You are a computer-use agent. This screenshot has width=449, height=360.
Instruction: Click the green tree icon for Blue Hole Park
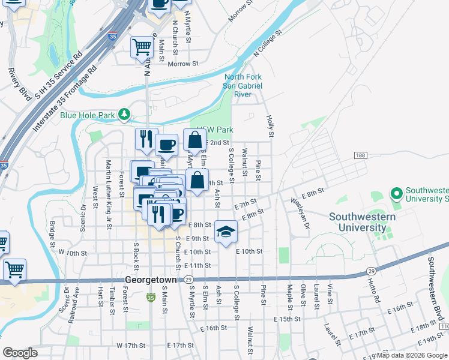pos(124,113)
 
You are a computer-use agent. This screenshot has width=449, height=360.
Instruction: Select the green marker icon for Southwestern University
pos(396,194)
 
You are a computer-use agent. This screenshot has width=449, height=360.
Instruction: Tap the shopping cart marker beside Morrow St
pos(142,47)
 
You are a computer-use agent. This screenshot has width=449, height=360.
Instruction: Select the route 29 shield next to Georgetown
pos(188,280)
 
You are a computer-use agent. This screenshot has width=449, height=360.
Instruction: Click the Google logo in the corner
pos(20,353)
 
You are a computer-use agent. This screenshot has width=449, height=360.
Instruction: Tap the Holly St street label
pos(270,127)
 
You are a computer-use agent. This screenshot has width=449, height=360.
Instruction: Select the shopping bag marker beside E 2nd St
pos(194,141)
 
